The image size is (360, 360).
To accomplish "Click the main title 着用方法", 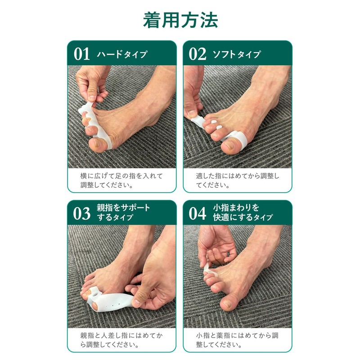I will tap(180, 20).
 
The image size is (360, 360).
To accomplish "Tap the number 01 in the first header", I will tap(82, 54).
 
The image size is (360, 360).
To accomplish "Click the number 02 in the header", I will tap(197, 54).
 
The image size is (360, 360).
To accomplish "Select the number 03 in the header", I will tap(82, 213).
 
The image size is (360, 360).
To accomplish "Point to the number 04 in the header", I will tap(197, 213).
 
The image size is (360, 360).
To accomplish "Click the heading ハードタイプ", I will tap(122, 54).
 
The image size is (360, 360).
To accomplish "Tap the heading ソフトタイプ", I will tap(237, 54).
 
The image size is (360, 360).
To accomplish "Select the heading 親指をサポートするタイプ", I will tap(123, 213).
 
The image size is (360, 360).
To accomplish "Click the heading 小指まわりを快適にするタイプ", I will tap(243, 213).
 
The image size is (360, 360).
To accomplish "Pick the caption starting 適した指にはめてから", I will tap(237, 180).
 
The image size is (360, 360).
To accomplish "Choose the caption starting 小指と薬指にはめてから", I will tap(237, 341).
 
